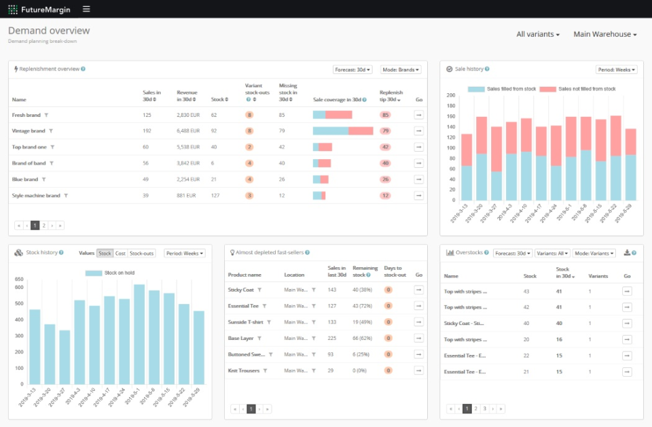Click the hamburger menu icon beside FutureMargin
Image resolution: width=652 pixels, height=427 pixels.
tap(86, 9)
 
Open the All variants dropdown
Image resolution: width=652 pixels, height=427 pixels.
tap(538, 35)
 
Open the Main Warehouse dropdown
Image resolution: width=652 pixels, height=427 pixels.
tap(604, 35)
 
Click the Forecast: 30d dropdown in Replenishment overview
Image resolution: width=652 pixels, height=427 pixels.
tap(353, 70)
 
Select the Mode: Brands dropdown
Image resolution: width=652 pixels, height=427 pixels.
tap(401, 70)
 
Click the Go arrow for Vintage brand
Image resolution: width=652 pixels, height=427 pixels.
tap(419, 131)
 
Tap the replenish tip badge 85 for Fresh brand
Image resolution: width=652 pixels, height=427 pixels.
tap(385, 115)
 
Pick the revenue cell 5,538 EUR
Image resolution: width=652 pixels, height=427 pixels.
tap(188, 147)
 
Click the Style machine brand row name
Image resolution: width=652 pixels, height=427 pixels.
tap(36, 196)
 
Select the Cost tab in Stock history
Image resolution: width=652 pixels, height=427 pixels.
tap(120, 254)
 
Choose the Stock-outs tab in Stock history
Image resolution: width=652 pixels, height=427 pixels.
tap(142, 254)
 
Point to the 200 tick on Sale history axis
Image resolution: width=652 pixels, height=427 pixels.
tap(450, 95)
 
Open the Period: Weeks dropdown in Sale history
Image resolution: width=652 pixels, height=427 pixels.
tap(617, 70)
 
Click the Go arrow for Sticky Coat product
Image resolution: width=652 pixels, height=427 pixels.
tap(419, 290)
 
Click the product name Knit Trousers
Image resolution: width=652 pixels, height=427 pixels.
tap(244, 371)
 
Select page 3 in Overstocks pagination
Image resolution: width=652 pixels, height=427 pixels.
tap(484, 409)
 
